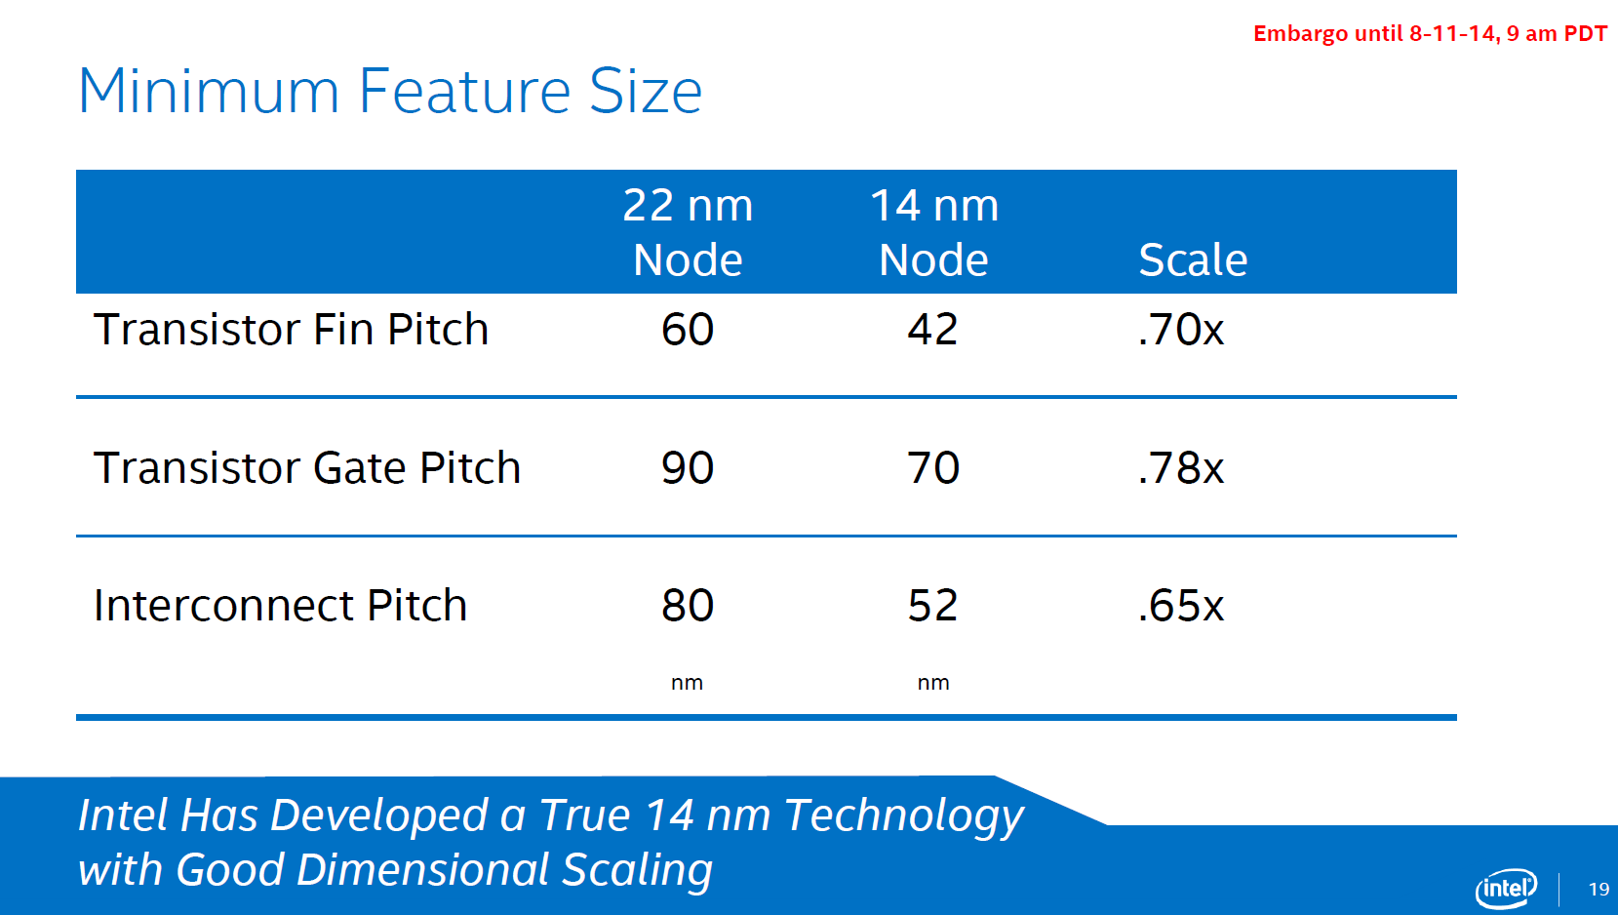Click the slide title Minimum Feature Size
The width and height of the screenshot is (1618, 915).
click(x=390, y=91)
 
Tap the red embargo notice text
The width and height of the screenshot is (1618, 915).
click(x=1430, y=34)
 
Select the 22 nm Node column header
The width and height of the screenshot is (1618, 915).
click(x=688, y=232)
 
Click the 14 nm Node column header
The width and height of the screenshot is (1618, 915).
click(x=934, y=232)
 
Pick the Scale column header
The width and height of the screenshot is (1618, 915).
click(x=1194, y=259)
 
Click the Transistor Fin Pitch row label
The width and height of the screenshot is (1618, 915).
click(x=291, y=330)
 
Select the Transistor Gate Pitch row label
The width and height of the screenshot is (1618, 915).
click(x=307, y=467)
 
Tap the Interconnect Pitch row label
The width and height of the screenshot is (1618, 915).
click(x=280, y=605)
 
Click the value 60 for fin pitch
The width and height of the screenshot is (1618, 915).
click(x=688, y=330)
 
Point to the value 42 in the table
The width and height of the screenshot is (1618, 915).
click(x=933, y=330)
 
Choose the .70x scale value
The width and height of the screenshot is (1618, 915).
click(x=1181, y=330)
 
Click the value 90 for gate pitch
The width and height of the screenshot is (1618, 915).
click(x=688, y=467)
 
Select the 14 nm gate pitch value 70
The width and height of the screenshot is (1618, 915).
click(x=933, y=467)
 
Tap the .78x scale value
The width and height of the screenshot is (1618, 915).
click(x=1181, y=467)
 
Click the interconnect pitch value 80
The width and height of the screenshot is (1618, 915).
click(x=688, y=605)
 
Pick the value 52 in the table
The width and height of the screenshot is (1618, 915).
click(x=933, y=605)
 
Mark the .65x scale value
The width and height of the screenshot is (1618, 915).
click(x=1181, y=605)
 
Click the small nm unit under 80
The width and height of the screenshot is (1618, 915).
click(x=687, y=683)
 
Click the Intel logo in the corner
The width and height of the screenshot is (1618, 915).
click(x=1506, y=889)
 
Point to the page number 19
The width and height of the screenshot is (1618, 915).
click(x=1598, y=889)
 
